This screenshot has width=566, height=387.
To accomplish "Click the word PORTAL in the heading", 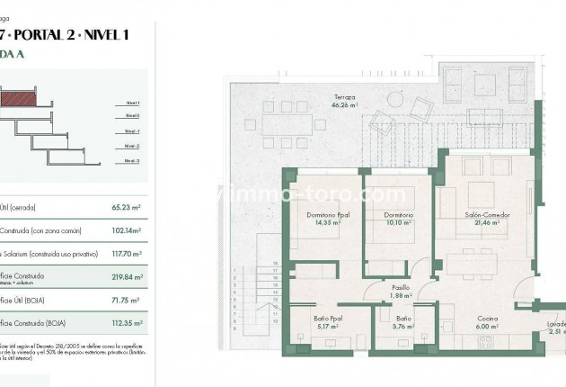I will tap(40, 35).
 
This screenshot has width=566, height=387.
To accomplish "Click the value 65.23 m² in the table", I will tap(126, 206).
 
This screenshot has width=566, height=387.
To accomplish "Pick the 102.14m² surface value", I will tap(126, 229).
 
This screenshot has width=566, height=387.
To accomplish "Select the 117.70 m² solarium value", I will tap(126, 253).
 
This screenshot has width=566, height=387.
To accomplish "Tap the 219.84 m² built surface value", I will tap(126, 277).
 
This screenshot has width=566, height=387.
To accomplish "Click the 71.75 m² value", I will tap(126, 299).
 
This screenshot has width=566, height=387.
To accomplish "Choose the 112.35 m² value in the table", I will tap(126, 322).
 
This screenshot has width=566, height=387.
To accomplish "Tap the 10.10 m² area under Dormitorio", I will tap(398, 222).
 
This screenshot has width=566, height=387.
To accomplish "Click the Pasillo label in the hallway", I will tap(400, 287).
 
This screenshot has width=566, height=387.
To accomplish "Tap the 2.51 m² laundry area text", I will tap(556, 332).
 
